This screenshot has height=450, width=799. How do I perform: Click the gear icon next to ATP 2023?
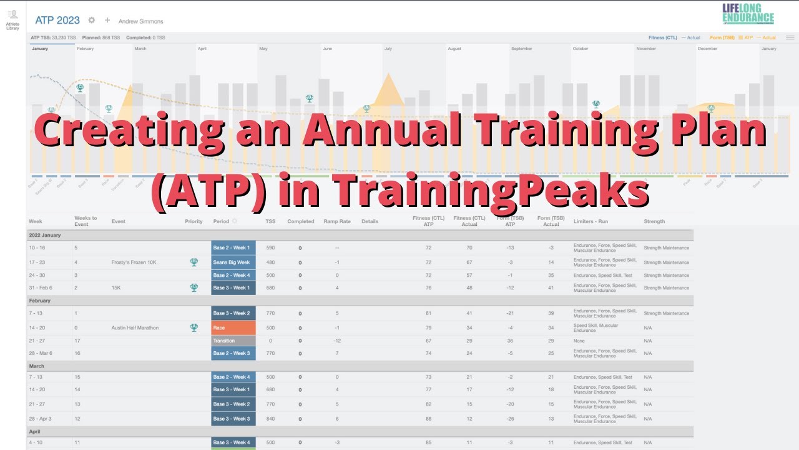(92, 20)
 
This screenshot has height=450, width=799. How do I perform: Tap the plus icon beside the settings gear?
(107, 20)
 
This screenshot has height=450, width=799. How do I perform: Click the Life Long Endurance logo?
(748, 14)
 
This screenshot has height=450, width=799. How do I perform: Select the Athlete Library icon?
(12, 19)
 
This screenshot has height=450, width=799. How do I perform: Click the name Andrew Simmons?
(140, 21)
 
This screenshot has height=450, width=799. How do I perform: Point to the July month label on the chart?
(388, 48)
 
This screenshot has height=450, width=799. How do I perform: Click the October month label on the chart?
(581, 48)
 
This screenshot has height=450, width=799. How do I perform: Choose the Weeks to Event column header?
(86, 221)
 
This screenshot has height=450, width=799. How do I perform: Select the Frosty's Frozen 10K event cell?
(134, 262)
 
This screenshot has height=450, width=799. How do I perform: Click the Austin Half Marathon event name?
(135, 327)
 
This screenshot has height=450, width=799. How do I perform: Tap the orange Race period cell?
(233, 327)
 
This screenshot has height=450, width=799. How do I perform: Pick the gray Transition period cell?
(233, 341)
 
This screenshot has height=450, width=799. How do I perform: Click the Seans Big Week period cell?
(233, 262)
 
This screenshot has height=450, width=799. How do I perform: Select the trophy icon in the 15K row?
(194, 287)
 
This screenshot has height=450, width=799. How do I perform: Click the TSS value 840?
(270, 419)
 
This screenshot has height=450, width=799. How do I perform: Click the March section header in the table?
(37, 366)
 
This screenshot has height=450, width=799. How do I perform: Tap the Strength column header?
(654, 221)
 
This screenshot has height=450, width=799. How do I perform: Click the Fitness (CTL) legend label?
(662, 37)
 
